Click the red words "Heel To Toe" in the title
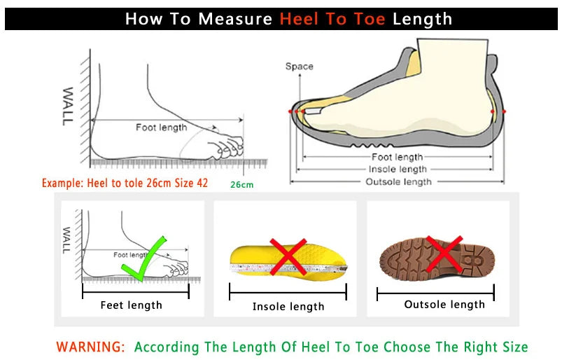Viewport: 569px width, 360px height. pos(332,19)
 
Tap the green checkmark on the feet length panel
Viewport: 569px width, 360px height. pos(143,259)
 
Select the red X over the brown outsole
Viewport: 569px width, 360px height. pos(444,252)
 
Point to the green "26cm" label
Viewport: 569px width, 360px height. pos(241,185)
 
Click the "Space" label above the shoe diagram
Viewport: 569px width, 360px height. pos(299,67)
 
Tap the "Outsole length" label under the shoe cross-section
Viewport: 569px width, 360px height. pos(398,182)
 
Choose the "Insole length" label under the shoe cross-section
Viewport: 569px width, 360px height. pos(398,169)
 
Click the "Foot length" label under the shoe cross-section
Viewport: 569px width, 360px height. pos(397,158)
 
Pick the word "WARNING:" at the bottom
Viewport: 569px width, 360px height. pos(91,347)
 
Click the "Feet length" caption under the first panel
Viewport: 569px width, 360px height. pos(131,305)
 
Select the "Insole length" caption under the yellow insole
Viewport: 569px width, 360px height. pos(288,307)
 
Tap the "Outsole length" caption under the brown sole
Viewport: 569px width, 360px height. pos(444,305)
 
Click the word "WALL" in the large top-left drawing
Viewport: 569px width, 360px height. pos(67,106)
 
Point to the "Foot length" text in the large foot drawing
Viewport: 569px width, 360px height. pos(161,127)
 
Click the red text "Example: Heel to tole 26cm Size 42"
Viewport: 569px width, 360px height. pos(125,184)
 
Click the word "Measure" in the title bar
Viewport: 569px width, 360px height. pos(234,19)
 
